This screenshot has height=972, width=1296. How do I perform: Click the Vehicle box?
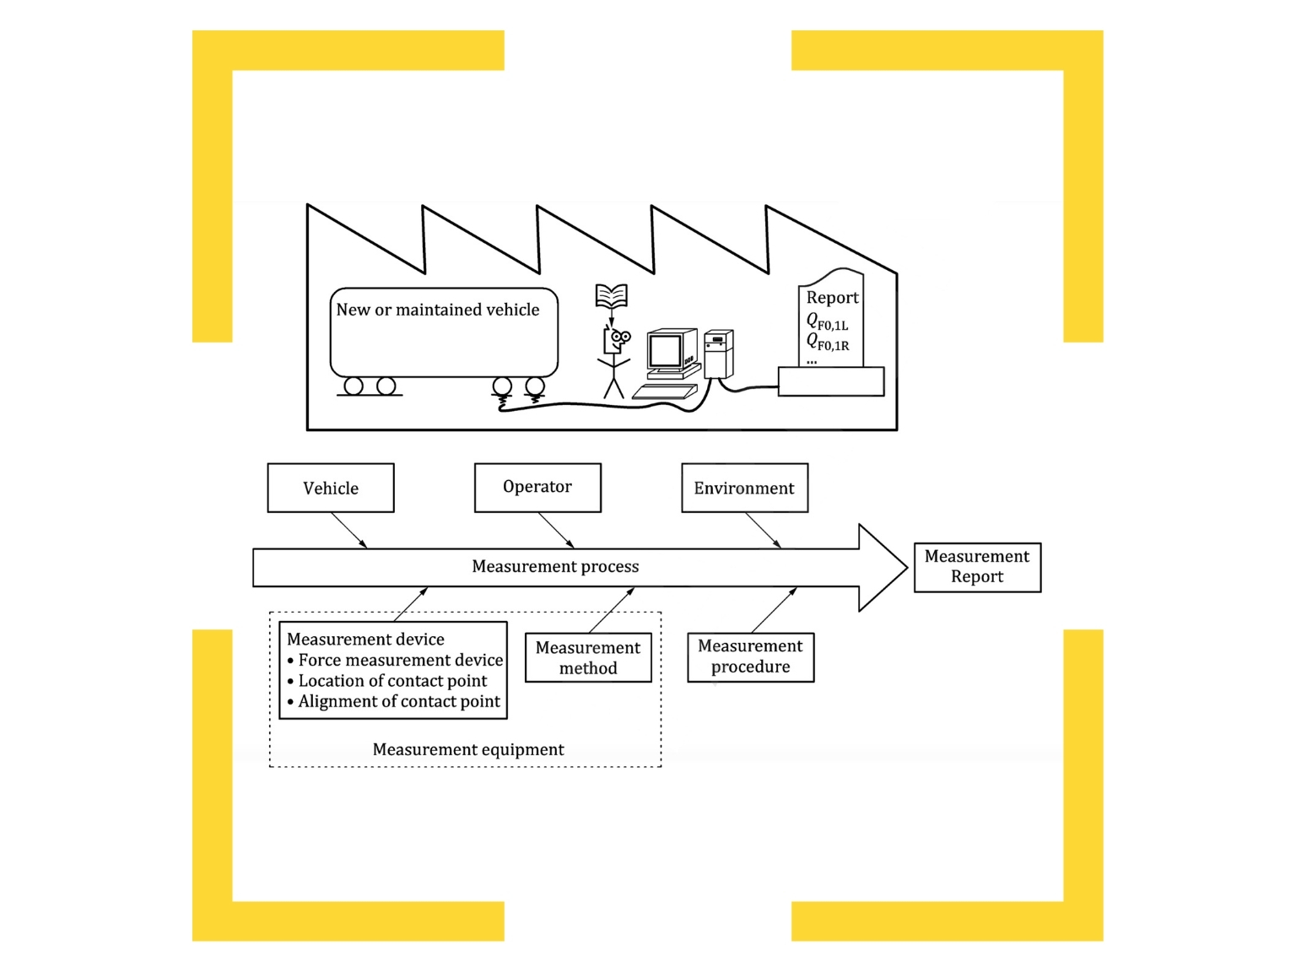click(x=331, y=488)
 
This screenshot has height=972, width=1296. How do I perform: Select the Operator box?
click(x=537, y=487)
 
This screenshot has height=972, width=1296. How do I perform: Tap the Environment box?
click(x=744, y=488)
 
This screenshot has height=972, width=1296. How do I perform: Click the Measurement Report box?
click(x=977, y=567)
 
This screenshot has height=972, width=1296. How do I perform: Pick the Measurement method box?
click(x=588, y=657)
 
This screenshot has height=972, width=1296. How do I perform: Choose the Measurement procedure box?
click(x=750, y=656)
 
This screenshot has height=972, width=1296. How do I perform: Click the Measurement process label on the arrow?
click(x=555, y=567)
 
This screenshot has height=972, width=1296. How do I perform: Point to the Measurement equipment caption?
click(x=468, y=749)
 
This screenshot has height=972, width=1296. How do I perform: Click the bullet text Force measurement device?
click(x=400, y=660)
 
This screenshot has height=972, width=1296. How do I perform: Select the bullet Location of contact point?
click(x=392, y=681)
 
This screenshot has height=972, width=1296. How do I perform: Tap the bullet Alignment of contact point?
click(x=399, y=701)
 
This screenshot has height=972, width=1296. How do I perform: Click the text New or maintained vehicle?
click(x=437, y=310)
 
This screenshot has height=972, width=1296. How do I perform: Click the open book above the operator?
click(x=611, y=296)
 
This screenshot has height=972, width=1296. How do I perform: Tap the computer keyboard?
click(x=665, y=391)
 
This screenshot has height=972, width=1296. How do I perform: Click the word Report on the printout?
click(x=832, y=298)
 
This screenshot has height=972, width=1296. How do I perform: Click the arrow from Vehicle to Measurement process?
click(x=349, y=530)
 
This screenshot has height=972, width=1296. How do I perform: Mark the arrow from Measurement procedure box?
click(x=774, y=610)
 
